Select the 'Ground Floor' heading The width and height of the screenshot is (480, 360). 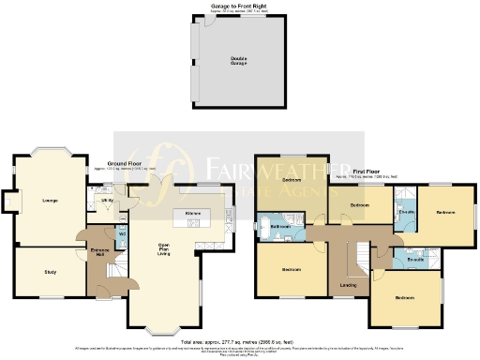(x=124, y=163)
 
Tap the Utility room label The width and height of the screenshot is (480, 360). (x=108, y=201)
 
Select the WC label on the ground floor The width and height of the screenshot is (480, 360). (x=122, y=233)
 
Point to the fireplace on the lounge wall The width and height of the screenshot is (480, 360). (x=10, y=201)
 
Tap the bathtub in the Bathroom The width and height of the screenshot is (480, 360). (x=261, y=227)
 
